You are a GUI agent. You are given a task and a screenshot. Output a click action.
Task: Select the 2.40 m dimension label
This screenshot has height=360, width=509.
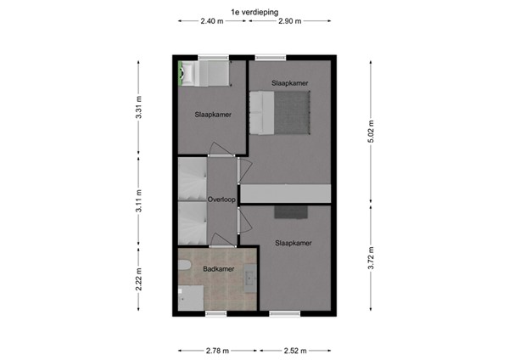point(212,22)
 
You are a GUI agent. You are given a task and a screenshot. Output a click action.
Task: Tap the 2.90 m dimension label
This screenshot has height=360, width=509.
point(288,22)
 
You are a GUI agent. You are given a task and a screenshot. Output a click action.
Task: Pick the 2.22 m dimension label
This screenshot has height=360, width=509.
point(138,280)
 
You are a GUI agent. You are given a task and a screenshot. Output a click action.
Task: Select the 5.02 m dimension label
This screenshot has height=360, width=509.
point(371,131)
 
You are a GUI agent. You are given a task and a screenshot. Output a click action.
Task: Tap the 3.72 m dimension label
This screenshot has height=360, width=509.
point(371,255)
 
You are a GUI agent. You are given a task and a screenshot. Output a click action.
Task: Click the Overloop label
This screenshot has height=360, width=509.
point(221,200)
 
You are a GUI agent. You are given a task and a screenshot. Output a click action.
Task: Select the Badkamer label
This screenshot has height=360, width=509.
point(218,269)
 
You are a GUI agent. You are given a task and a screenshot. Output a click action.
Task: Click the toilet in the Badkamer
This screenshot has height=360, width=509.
point(184,269)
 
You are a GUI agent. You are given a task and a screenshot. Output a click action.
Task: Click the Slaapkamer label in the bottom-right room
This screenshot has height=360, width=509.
point(293,243)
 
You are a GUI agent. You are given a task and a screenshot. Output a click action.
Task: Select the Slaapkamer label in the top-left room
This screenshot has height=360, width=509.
point(212,114)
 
